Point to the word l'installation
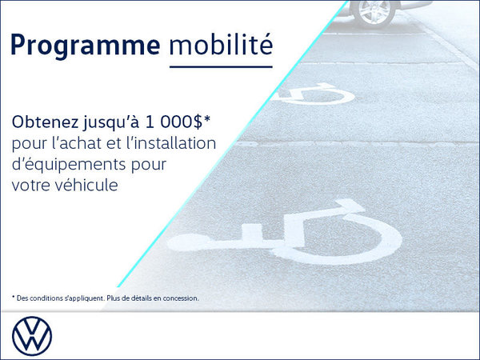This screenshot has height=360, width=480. [x=171, y=143]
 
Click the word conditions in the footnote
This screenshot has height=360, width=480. [x=49, y=298]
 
